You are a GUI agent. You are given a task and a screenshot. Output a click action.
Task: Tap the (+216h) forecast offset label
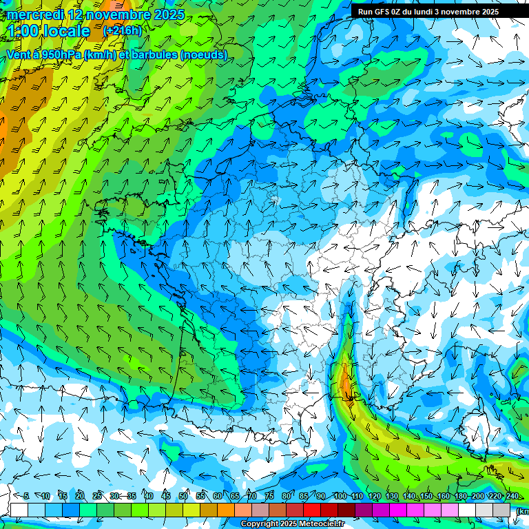122,30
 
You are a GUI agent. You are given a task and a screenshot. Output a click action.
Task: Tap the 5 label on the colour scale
26,496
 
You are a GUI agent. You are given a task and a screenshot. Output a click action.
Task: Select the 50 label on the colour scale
183,496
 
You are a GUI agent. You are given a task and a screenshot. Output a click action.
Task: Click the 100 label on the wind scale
340,496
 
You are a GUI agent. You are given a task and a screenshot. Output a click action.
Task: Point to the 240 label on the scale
512,496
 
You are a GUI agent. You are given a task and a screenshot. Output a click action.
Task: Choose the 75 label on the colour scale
269,496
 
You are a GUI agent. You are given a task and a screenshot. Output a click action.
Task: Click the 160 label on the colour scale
444,496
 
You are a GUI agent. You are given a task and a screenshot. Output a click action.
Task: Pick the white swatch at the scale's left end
19,510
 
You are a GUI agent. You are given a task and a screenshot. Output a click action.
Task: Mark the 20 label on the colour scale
80,496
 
